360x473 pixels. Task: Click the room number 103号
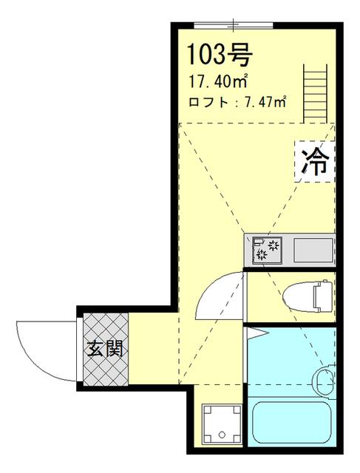pyautogui.click(x=220, y=54)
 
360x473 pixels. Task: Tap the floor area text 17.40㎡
pyautogui.click(x=220, y=81)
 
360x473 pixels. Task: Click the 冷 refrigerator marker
pyautogui.click(x=316, y=160)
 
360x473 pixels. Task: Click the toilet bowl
pyautogui.click(x=299, y=297)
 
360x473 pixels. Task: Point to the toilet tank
pyautogui.click(x=321, y=297)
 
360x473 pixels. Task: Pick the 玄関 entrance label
pyautogui.click(x=106, y=347)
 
